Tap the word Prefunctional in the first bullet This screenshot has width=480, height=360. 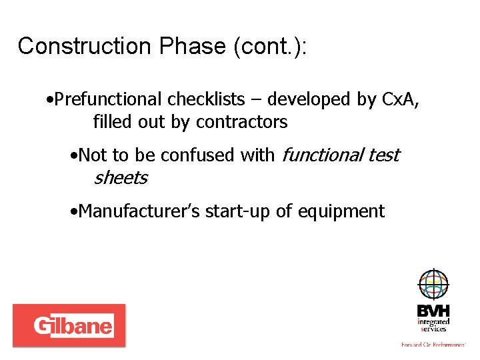click(109, 99)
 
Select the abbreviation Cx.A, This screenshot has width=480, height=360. click(403, 99)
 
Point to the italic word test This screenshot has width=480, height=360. click(384, 155)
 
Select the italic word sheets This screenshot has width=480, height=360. click(120, 178)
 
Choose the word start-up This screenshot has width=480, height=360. click(238, 211)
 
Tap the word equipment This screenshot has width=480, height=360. click(341, 211)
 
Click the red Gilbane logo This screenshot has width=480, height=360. click(69, 325)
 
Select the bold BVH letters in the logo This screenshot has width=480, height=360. click(433, 311)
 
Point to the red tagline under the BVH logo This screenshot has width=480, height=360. click(433, 344)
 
